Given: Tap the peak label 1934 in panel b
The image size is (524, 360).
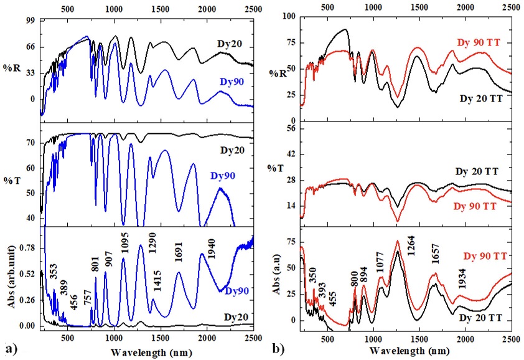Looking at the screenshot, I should coord(461,287).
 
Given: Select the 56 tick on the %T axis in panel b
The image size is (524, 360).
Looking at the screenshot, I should coord(290,129).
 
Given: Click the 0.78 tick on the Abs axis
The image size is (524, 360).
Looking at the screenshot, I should coord(26,249).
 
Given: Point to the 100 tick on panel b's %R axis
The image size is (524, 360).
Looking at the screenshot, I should coord(288,16).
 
